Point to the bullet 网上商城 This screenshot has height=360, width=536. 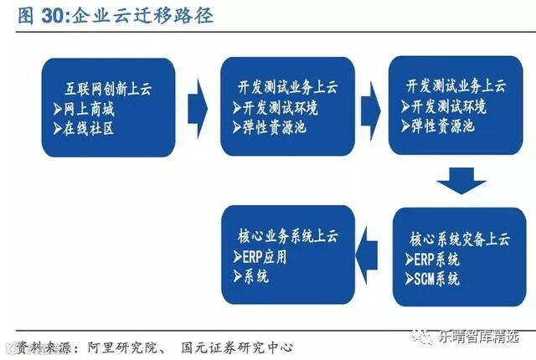click(92, 108)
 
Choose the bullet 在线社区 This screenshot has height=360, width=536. click(92, 129)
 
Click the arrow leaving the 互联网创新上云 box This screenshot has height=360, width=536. click(197, 106)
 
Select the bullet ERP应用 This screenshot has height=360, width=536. click(265, 256)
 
